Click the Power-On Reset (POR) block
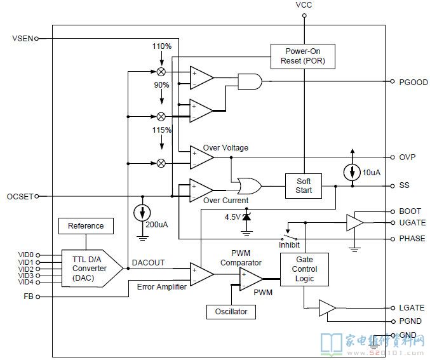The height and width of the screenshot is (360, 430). (x=303, y=57)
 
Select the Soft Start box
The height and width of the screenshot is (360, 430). (x=304, y=186)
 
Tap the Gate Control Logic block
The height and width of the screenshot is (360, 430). (x=304, y=269)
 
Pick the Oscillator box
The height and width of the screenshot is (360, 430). (x=231, y=312)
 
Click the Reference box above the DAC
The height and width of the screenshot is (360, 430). (x=86, y=226)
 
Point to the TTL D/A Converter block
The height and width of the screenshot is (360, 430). (x=92, y=269)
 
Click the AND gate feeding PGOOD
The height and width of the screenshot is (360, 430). (x=250, y=81)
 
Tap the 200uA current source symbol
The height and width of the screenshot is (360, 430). (x=142, y=213)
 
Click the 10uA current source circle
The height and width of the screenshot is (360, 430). (x=353, y=172)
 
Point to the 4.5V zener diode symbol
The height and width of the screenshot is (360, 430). (x=246, y=217)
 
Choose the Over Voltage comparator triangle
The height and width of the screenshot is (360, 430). (x=202, y=157)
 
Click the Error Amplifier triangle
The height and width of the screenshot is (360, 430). (x=202, y=274)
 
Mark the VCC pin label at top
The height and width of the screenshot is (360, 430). (x=304, y=5)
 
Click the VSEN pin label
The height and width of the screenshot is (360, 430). (x=22, y=38)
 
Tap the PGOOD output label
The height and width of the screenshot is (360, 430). (x=413, y=83)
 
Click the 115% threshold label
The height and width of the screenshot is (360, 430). (x=162, y=130)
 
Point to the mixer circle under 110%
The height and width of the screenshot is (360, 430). (x=161, y=72)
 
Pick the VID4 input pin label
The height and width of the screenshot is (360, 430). (x=25, y=282)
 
